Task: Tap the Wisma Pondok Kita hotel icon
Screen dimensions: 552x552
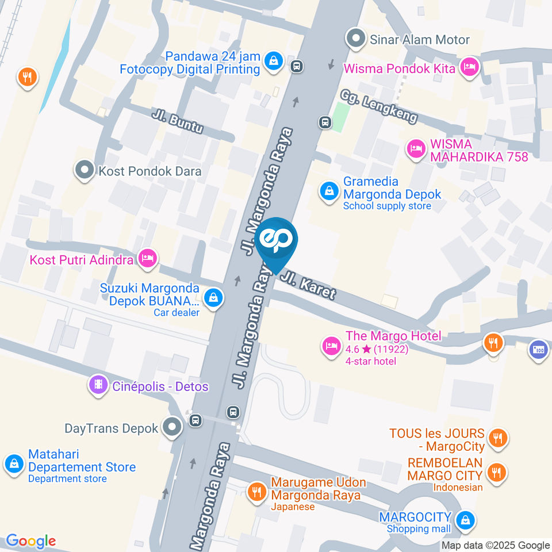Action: (x=470, y=68)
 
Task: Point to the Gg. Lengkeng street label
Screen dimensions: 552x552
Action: (x=378, y=107)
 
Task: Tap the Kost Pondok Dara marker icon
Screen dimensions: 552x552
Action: (x=85, y=170)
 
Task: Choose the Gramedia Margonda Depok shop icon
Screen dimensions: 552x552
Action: (x=329, y=191)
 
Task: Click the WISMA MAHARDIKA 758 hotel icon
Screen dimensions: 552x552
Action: (x=415, y=149)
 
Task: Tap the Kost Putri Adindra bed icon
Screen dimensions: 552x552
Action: (x=148, y=259)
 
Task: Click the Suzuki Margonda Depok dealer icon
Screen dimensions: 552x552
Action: (x=213, y=298)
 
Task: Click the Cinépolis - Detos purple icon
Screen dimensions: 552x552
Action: (x=98, y=385)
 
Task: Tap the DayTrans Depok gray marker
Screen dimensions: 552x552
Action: (x=171, y=427)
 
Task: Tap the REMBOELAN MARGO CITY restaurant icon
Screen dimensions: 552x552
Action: (x=494, y=473)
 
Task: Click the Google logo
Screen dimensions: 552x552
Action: (x=31, y=541)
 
